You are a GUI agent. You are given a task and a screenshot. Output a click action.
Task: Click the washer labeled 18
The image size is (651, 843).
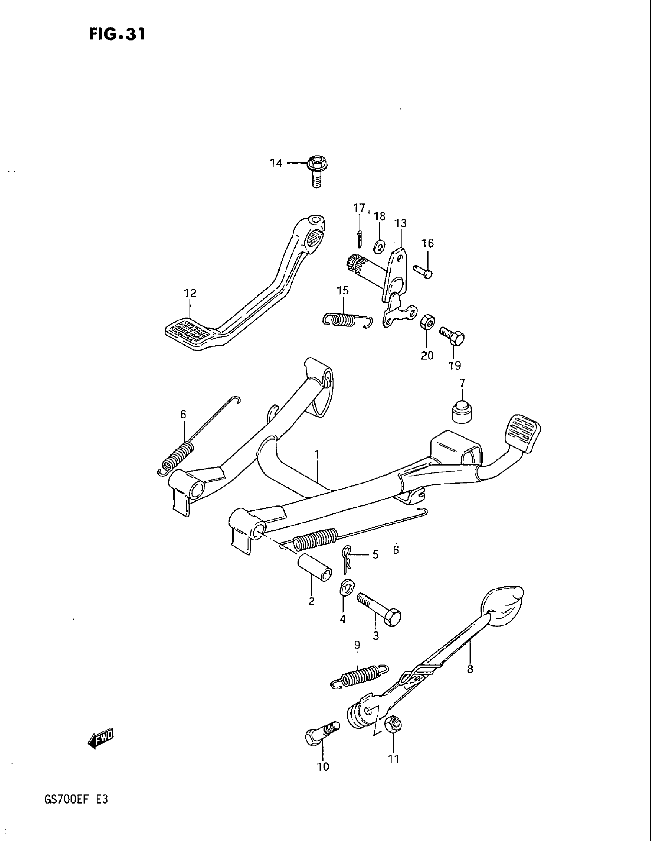[x=379, y=246]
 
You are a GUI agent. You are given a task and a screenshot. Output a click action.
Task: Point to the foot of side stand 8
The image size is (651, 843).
[x=503, y=605]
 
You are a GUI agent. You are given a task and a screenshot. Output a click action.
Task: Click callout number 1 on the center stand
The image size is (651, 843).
[x=317, y=455]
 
